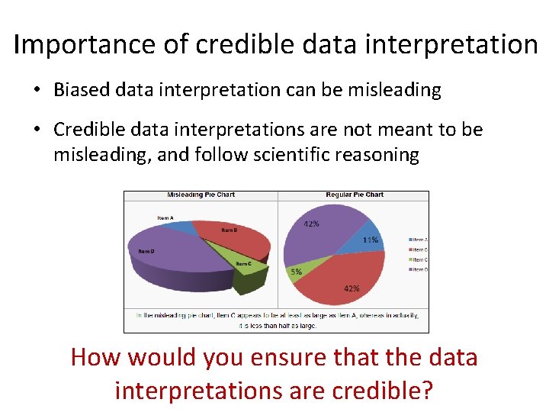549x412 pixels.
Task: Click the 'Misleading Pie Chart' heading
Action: (201, 195)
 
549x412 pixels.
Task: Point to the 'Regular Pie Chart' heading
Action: (355, 195)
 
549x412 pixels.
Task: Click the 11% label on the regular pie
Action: (371, 240)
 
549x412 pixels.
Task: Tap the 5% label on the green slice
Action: (296, 272)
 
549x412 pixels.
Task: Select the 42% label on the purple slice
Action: (311, 224)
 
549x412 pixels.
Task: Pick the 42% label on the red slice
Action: (352, 288)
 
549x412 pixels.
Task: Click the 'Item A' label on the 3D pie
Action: (165, 218)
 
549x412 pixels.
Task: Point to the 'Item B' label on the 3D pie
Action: (230, 230)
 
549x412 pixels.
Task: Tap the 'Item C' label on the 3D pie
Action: (243, 264)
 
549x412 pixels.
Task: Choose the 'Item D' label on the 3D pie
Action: (146, 251)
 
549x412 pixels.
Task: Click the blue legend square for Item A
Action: (409, 240)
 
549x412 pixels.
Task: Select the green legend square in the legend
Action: (409, 260)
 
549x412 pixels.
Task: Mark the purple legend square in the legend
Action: (409, 270)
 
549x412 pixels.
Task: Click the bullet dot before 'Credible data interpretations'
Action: (37, 130)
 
